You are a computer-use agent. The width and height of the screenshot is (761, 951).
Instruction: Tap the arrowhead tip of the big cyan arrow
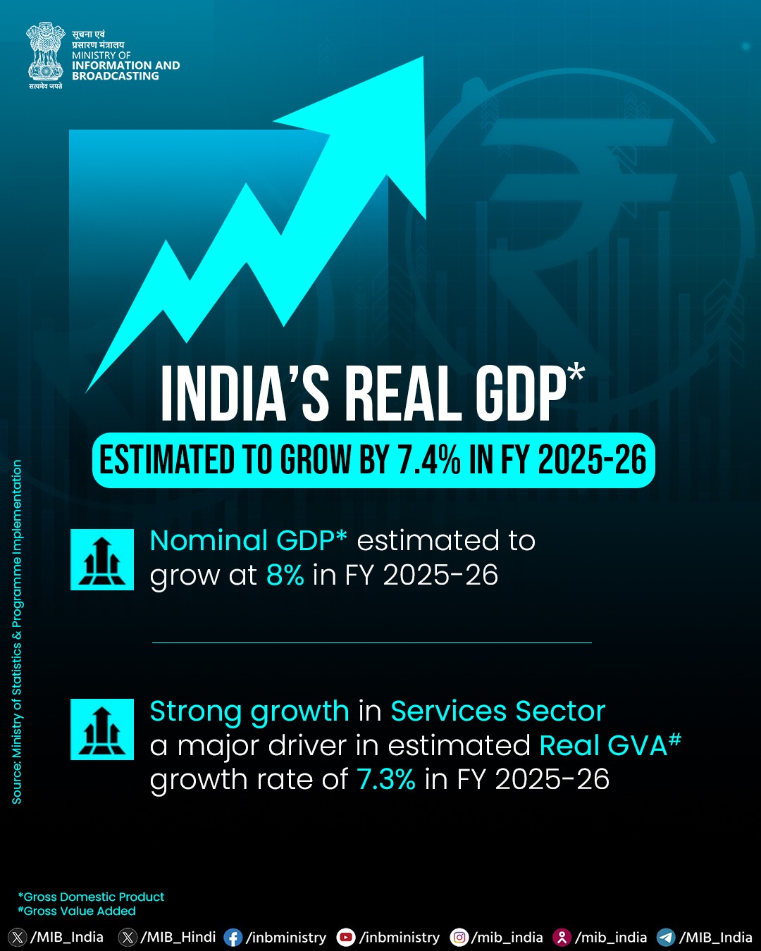423,57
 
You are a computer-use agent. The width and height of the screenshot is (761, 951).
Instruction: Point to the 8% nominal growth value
285,575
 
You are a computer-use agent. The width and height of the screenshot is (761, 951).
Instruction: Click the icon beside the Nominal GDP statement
102,559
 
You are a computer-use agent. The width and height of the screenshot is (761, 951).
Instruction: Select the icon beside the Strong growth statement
102,729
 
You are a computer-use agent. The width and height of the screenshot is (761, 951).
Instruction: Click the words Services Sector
498,711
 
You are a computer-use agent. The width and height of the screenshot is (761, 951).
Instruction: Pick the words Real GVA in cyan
603,745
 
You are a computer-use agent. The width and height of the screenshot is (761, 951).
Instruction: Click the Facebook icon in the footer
233,938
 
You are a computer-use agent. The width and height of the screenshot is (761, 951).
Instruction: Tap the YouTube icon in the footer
346,938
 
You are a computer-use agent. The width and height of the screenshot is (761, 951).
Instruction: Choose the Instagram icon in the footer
459,938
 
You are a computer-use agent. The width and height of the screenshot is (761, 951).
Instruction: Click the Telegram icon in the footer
666,938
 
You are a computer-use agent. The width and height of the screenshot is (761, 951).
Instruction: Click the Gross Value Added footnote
77,911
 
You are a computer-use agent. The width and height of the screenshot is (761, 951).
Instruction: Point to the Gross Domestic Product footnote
91,897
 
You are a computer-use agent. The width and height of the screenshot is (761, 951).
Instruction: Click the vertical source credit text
17,632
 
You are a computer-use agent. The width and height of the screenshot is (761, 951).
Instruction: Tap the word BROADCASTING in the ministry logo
116,76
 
